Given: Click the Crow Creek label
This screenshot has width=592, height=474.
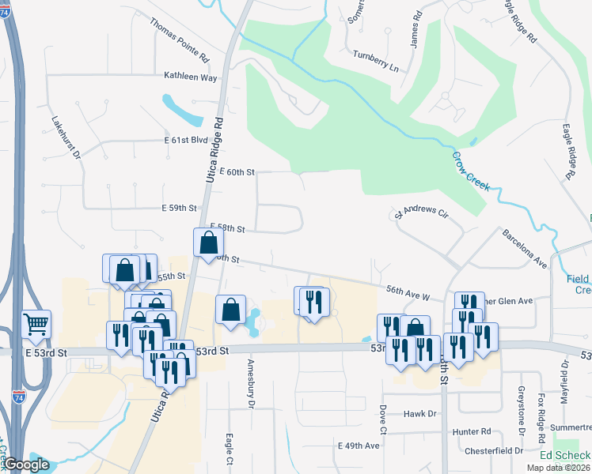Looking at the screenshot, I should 471,169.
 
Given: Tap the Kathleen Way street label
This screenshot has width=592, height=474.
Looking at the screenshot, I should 190,77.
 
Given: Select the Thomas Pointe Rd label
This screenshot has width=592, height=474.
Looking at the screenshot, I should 179,39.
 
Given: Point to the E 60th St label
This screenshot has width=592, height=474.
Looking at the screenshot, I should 237,171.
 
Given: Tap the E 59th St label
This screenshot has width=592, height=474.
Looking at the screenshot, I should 178,208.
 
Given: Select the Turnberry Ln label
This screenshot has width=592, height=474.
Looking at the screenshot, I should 376,65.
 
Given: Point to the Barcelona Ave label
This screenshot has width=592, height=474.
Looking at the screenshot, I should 525,249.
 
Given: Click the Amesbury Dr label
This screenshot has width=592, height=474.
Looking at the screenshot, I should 251,383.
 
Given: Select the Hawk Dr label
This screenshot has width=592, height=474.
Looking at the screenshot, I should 420,413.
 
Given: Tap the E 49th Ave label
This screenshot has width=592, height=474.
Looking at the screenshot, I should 359,446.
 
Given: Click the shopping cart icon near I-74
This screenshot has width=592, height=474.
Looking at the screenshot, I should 36,323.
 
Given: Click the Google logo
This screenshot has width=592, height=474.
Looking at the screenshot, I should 26,465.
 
